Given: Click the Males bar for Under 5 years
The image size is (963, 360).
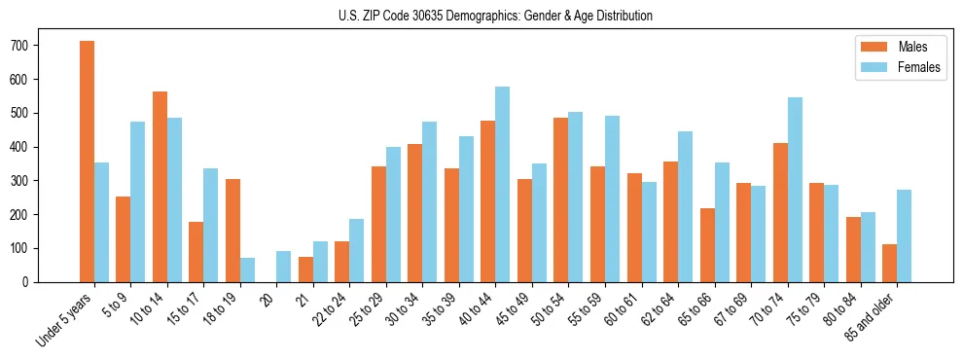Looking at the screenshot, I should click(87, 162).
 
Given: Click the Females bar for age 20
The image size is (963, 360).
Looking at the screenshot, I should click(284, 267).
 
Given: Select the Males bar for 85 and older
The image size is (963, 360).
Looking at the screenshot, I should click(889, 263).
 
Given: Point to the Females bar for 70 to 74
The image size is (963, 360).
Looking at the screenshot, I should click(795, 190).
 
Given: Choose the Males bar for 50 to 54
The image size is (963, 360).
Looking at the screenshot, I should click(561, 199).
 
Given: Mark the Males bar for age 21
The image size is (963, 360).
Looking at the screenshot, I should click(305, 270).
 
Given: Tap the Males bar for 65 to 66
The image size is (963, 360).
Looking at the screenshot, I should click(707, 245).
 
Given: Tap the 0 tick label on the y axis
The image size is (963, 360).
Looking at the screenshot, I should click(31, 282).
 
